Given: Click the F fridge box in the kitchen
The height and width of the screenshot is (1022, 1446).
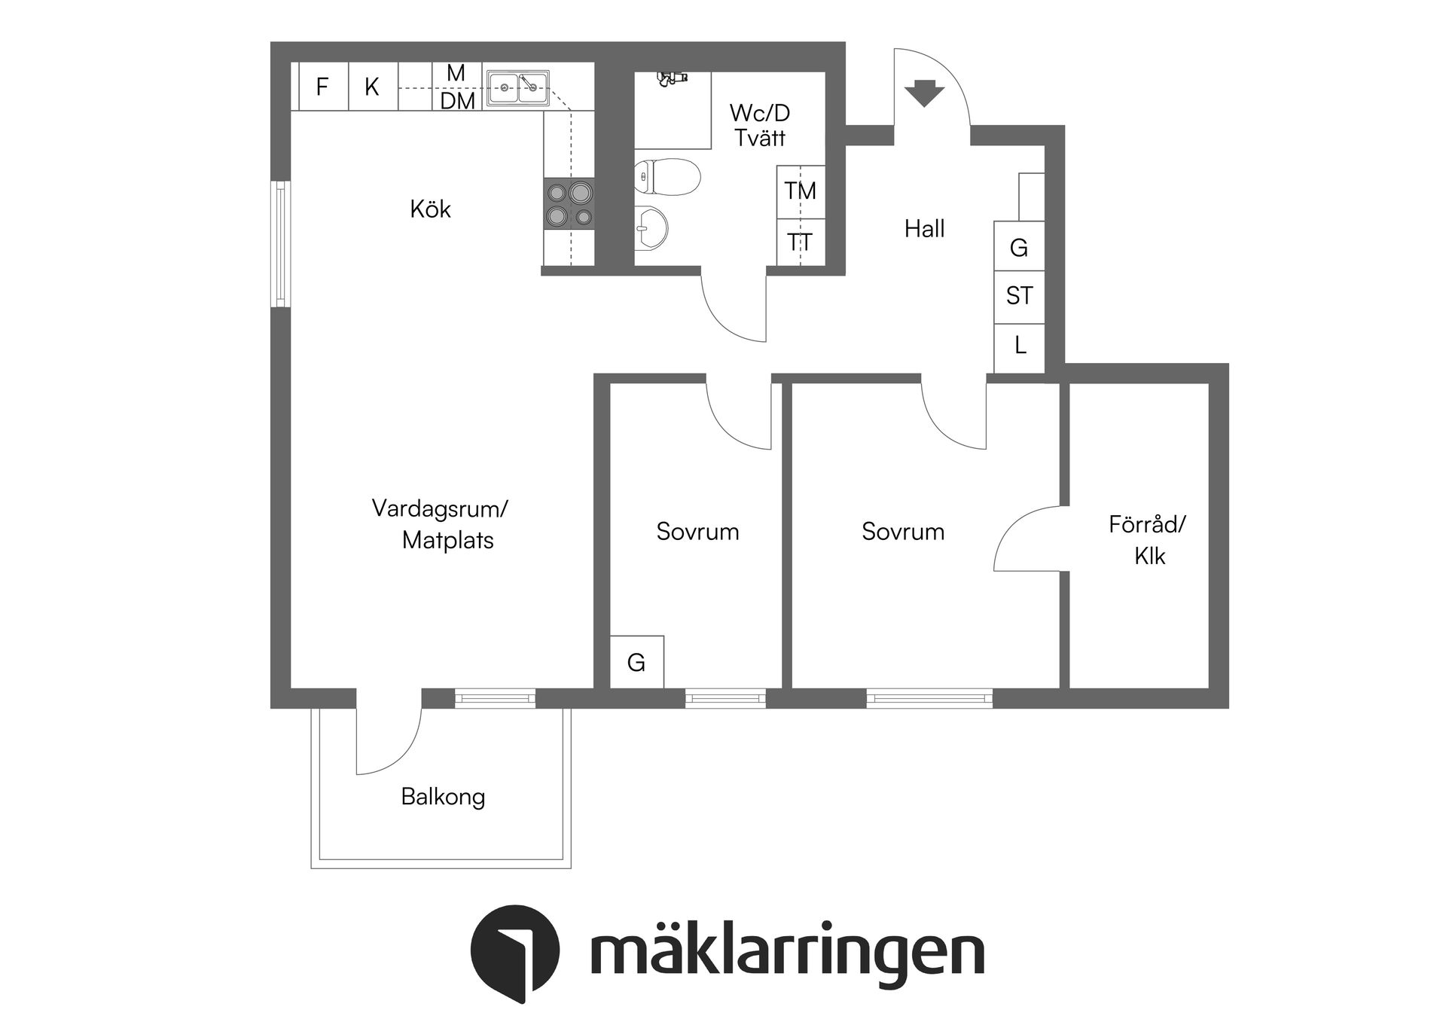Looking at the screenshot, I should [x=322, y=87].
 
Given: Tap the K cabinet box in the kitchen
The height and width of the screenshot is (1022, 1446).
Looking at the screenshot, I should [x=372, y=87].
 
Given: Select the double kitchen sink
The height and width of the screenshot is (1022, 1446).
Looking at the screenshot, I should [x=517, y=87].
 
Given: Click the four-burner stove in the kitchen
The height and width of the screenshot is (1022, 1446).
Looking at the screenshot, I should [x=569, y=204].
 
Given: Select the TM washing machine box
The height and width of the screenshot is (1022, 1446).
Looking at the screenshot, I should [x=800, y=191].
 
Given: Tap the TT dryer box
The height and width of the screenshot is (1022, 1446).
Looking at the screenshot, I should [x=800, y=243].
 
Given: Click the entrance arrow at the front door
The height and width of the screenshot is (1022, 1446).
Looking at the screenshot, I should [x=924, y=93].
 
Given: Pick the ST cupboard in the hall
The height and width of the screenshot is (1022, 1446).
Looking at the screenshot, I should [x=1019, y=296].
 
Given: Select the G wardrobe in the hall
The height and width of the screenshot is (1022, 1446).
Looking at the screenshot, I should [x=1019, y=247].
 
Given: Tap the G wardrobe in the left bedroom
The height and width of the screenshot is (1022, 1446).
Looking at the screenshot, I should [x=636, y=662].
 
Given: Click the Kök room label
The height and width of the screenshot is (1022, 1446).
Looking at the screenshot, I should [x=430, y=209].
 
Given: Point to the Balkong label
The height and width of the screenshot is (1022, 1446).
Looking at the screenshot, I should [x=443, y=797].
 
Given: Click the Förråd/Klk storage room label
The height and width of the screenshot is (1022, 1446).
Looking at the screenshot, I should [x=1148, y=540].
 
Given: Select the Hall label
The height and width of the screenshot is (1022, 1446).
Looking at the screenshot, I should [x=924, y=229].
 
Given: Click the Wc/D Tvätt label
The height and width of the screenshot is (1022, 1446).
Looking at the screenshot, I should [x=760, y=126].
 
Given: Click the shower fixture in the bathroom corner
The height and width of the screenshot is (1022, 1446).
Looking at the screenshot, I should [x=672, y=77].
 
